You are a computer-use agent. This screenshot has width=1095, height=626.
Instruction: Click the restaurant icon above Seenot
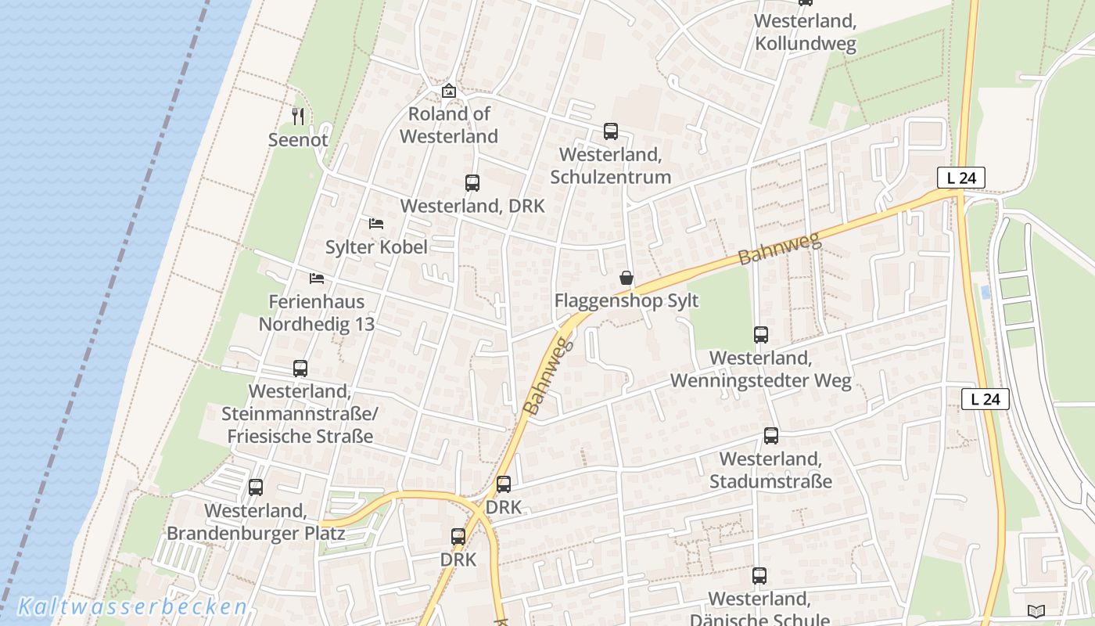[297, 117]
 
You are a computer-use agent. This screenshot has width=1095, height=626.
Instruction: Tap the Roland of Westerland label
[449, 125]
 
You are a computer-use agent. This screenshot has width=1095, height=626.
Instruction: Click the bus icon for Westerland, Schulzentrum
[610, 131]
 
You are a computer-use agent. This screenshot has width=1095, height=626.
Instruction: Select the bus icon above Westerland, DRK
[472, 183]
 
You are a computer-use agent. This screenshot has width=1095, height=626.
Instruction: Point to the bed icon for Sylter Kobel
[375, 224]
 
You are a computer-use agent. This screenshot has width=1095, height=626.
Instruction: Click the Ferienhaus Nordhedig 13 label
[317, 313]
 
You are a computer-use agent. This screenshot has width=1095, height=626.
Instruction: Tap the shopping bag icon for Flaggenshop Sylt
[626, 278]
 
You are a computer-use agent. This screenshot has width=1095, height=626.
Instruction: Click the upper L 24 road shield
[960, 178]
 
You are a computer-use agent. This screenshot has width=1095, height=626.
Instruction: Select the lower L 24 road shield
[985, 399]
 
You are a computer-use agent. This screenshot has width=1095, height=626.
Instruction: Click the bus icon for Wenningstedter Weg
[760, 335]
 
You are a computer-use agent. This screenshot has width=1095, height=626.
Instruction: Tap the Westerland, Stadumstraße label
[770, 470]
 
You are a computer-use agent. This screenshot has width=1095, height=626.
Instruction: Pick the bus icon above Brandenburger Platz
[255, 487]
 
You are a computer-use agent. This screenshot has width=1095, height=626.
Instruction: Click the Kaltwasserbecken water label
[132, 607]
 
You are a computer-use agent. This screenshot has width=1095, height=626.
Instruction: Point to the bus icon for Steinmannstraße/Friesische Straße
[300, 369]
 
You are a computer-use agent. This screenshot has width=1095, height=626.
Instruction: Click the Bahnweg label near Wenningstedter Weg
[780, 248]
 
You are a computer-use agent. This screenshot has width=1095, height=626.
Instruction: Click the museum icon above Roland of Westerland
[448, 92]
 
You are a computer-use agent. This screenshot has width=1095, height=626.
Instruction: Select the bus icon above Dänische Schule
[759, 577]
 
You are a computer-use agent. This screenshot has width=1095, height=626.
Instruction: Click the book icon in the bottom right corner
[1036, 611]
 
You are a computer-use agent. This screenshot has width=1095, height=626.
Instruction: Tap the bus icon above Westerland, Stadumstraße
[770, 436]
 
